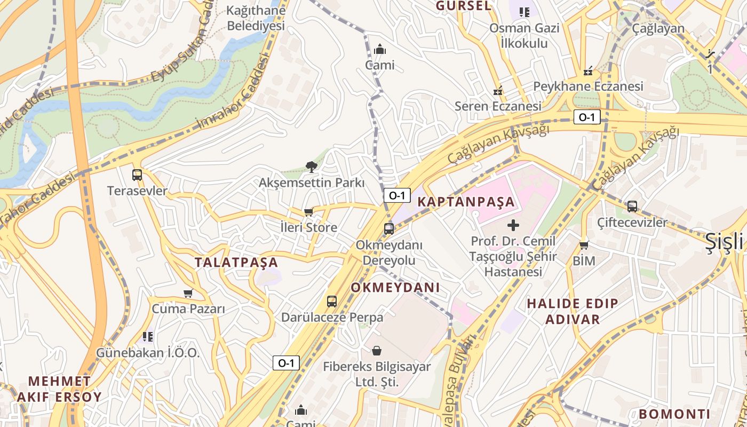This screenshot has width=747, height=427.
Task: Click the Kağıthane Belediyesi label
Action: pos(256,18)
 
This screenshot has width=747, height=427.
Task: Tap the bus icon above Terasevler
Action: pos(137,175)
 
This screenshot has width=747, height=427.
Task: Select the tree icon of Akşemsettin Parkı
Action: pos(311,167)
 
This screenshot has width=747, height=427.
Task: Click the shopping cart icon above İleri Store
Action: pos(308,212)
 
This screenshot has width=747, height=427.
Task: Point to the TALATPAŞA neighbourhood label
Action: pos(236,263)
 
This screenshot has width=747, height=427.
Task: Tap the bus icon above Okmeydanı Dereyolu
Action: pos(389,229)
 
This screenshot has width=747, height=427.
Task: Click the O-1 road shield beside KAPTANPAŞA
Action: pos(397,195)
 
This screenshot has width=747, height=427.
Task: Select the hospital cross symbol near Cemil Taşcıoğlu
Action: pos(513,225)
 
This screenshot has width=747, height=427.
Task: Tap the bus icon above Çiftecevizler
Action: pos(632,206)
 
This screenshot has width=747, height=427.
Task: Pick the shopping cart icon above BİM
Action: pos(584,246)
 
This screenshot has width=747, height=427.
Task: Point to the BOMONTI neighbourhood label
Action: pos(674,414)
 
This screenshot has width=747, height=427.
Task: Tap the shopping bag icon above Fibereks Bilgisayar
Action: pos(377,351)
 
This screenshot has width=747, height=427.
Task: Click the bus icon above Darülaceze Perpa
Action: pos(332,301)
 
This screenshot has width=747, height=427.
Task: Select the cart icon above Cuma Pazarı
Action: pos(188,293)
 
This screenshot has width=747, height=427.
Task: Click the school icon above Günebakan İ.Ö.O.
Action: pos(148,337)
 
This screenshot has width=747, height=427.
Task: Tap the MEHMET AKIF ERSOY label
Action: pos(59,389)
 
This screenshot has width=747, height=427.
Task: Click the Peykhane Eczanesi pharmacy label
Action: pos(588,86)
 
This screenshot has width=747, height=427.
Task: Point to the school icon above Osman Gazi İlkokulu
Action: pos(525,12)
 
